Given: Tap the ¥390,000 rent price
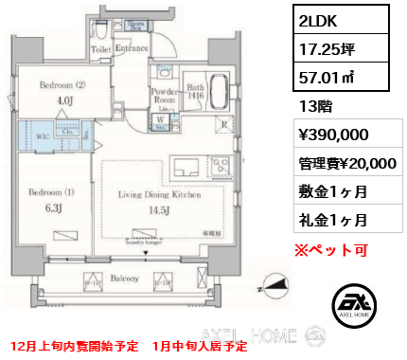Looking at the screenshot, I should tap(327, 135).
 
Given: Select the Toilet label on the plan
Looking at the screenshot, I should tap(100, 46).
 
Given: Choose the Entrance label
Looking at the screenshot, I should tap(133, 46).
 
